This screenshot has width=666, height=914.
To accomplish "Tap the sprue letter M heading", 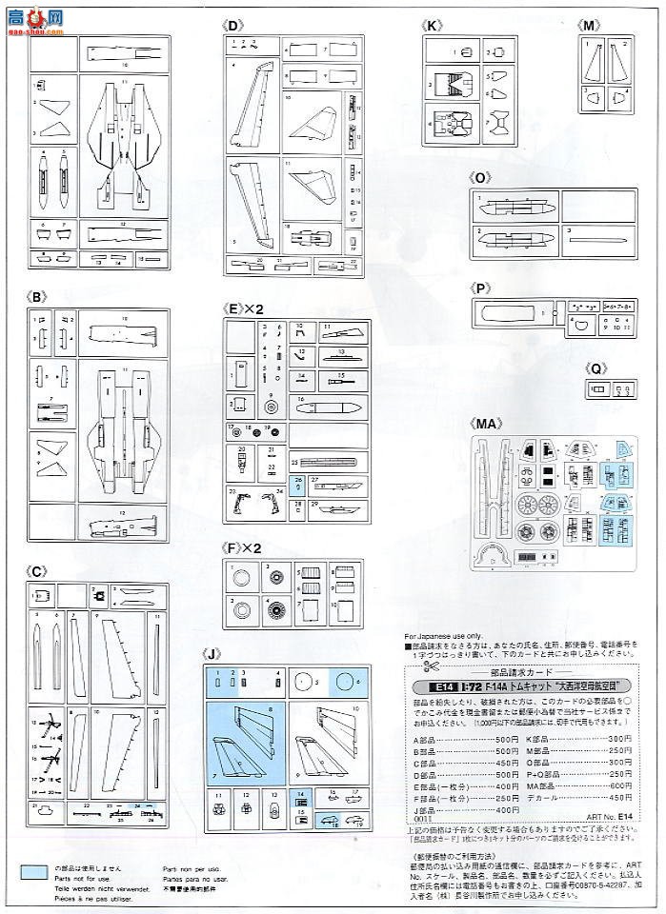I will [x=591, y=26].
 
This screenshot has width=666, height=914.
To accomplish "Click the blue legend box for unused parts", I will [x=34, y=870].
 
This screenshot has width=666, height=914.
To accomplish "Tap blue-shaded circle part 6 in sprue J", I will [x=341, y=682].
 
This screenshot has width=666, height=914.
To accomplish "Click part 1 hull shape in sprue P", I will [x=510, y=315].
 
